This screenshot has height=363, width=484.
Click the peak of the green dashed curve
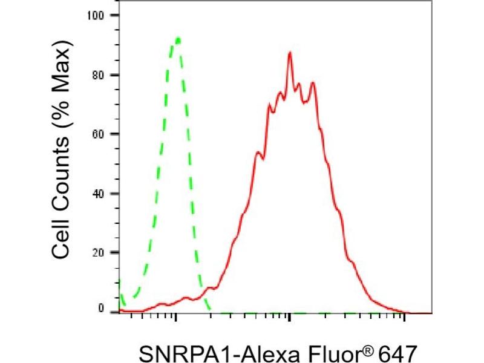click(177, 39)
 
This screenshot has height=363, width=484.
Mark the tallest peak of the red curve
click(290, 53)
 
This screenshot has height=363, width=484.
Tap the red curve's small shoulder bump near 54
click(258, 152)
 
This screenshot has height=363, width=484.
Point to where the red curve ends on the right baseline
click(409, 313)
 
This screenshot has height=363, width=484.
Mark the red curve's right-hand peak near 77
click(313, 82)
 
